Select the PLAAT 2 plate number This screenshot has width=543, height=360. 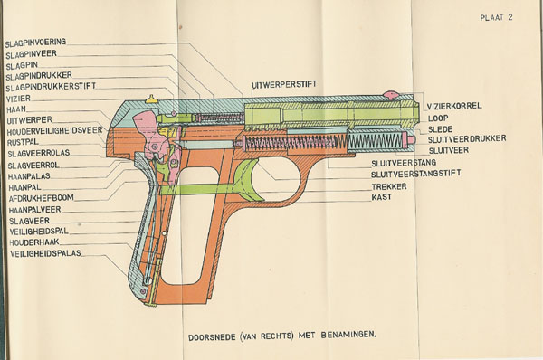tap(496, 18)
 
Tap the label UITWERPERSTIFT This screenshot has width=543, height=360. tap(284, 84)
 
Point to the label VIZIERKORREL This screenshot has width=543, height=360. tap(454, 106)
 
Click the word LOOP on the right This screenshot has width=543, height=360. tap(438, 118)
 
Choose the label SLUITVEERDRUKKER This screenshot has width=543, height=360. tap(467, 139)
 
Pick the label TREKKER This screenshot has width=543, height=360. tap(389, 187)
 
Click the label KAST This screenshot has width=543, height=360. tap(382, 197)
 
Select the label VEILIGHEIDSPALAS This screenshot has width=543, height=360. tap(46, 253)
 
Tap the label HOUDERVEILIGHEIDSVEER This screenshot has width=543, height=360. tap(54, 131)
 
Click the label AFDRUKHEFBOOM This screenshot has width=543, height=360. tap(42, 198)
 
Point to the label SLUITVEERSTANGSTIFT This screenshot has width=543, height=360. tap(416, 174)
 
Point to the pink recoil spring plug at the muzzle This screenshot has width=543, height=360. tap(411, 140)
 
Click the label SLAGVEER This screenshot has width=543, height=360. tap(30, 221)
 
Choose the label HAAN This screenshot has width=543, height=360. tap(16, 109)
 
